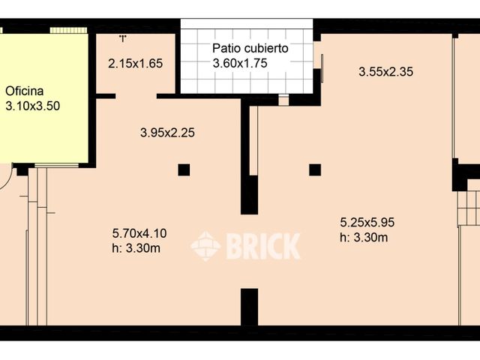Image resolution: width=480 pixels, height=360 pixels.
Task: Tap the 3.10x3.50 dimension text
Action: pos(32,106)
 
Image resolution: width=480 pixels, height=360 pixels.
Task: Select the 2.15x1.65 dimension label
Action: pos(135,63)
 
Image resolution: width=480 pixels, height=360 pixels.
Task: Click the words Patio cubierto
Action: pos(250,49)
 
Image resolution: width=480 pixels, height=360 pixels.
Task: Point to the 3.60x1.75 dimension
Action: pos(239,63)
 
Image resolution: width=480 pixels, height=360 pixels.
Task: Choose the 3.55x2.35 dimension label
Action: pos(386,72)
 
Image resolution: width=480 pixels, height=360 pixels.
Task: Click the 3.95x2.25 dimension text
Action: pos(168,133)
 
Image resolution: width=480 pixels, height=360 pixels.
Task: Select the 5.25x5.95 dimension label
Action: pos(367,222)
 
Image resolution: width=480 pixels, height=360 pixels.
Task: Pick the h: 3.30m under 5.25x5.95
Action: pos(364,237)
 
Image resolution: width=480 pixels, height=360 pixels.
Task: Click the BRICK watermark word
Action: pos(263,246)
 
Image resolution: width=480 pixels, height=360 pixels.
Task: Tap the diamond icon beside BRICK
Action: pos(205,246)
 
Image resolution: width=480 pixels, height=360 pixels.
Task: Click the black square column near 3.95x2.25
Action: pos(184,169)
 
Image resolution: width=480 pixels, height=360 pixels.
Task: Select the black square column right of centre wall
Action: pos(315,169)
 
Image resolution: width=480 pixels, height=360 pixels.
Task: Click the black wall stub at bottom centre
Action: pos(249,307)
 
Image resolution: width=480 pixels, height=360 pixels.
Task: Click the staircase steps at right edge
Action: pos(469,207)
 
